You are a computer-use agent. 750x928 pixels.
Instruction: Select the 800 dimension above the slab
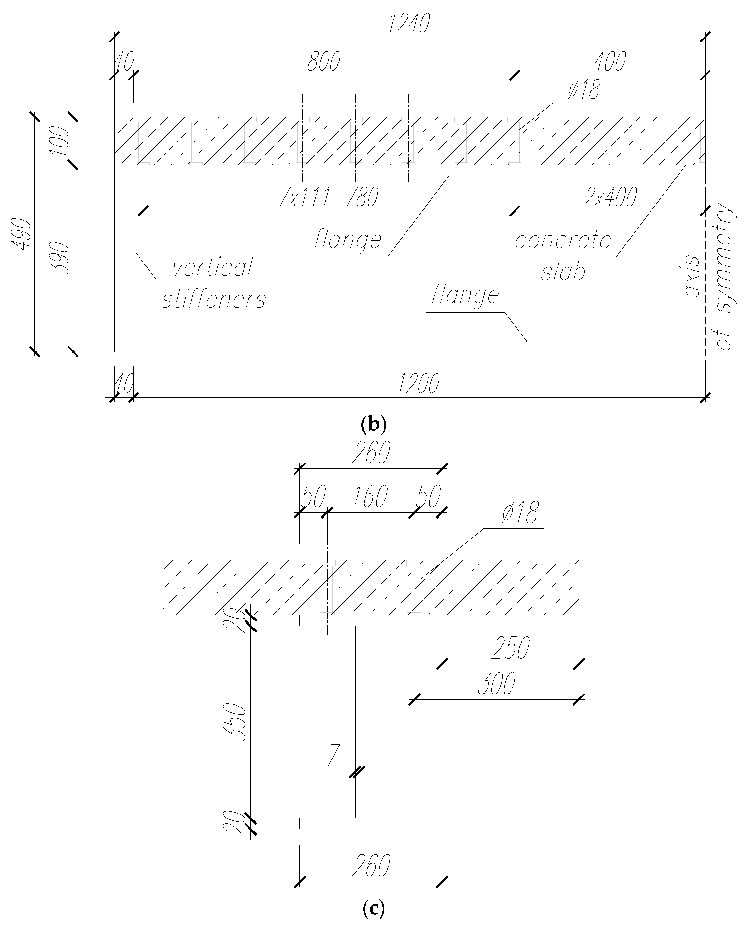[324, 61]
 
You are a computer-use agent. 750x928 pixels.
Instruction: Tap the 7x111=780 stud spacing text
[328, 197]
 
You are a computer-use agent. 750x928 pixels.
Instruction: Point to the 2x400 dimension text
[609, 197]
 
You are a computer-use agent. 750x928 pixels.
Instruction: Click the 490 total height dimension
[22, 233]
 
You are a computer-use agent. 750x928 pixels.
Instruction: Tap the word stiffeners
[213, 299]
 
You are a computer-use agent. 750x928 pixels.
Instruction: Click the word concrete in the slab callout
[563, 240]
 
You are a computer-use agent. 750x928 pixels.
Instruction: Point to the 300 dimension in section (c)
[497, 684]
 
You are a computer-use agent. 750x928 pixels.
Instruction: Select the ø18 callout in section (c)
[520, 513]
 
